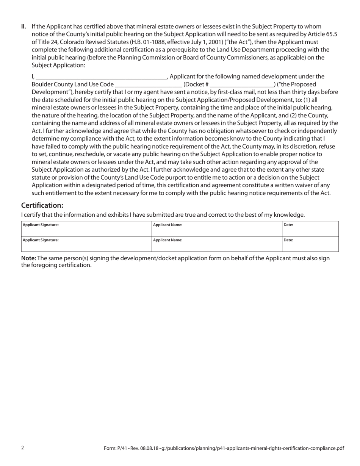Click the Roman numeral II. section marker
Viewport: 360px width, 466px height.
23,27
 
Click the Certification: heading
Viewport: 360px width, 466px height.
42,205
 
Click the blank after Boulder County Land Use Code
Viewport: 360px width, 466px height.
148,84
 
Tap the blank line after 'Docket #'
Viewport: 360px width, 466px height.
241,84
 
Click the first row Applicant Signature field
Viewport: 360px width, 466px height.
86,229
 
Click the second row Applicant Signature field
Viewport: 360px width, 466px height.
86,244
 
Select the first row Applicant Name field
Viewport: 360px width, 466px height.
217,229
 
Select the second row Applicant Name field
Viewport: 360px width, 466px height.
217,244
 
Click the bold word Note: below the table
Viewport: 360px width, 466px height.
28,258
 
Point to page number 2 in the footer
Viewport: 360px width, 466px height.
23,448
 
